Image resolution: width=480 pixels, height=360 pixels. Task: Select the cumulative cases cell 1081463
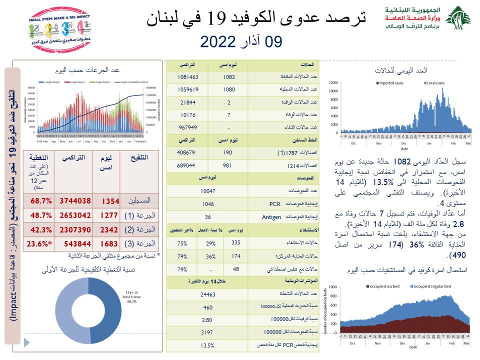coord(188,77)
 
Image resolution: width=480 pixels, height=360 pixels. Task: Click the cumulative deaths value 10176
coord(188,115)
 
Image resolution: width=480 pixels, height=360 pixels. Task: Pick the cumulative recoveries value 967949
coord(188,127)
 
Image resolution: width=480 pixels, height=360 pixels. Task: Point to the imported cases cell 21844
coord(188,102)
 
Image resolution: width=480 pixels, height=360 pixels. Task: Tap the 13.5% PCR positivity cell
coord(207,345)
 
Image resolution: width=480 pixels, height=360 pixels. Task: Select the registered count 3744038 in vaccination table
coord(75,201)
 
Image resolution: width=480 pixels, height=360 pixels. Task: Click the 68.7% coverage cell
coord(32,201)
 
